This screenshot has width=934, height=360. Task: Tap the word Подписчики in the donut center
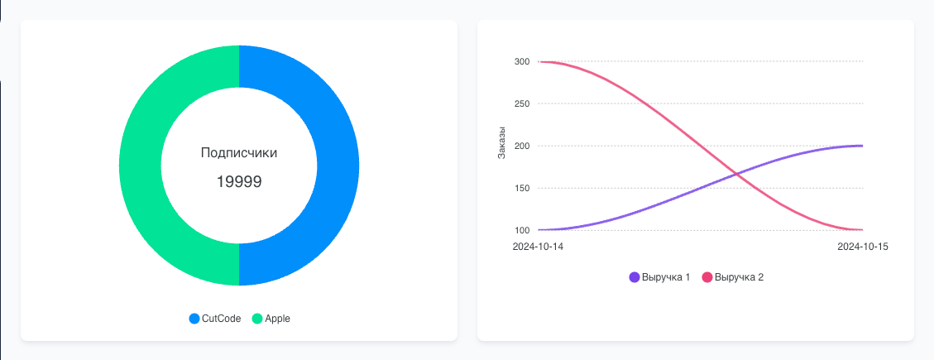[x=239, y=153]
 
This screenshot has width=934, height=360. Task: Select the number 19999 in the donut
[x=239, y=182]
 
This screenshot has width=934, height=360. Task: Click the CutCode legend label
[x=221, y=319]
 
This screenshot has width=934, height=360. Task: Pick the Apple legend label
[x=277, y=319]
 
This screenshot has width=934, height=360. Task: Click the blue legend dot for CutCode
[x=194, y=319]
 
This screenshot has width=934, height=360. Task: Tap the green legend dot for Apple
[x=257, y=319]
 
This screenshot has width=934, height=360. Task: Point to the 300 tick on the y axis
[x=521, y=61]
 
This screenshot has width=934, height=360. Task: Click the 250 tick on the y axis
[x=521, y=103]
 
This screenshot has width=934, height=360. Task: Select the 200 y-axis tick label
[x=521, y=146]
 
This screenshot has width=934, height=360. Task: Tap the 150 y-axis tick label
[x=521, y=188]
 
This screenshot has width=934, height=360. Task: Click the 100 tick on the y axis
[x=521, y=230]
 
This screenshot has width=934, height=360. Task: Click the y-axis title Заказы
[x=501, y=141]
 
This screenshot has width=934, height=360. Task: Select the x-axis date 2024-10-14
[x=538, y=247]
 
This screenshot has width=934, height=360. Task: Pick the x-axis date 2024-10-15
[x=862, y=247]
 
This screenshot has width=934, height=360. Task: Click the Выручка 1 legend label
[x=665, y=277]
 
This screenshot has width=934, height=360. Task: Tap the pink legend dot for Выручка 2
[x=707, y=277]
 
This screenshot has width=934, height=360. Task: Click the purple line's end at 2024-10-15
[x=863, y=146]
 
